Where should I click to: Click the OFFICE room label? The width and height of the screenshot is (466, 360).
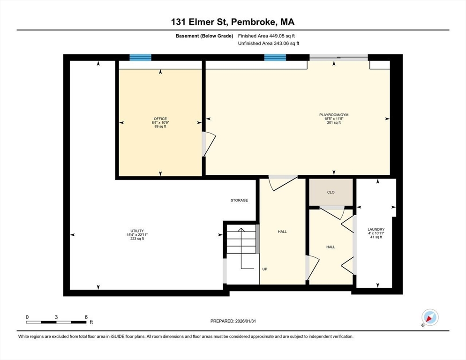pyautogui.click(x=160, y=119)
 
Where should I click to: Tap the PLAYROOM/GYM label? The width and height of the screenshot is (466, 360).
pyautogui.click(x=334, y=115)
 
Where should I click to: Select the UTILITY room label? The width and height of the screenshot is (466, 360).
pyautogui.click(x=137, y=231)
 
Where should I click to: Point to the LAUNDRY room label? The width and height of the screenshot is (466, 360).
pyautogui.click(x=376, y=229)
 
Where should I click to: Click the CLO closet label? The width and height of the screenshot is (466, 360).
pyautogui.click(x=331, y=192)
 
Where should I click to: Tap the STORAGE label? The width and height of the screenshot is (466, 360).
pyautogui.click(x=239, y=200)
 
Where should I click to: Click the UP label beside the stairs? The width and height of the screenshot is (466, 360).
pyautogui.click(x=265, y=269)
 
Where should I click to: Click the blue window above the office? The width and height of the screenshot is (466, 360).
pyautogui.click(x=140, y=57)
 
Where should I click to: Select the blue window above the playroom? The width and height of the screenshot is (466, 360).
pyautogui.click(x=275, y=57)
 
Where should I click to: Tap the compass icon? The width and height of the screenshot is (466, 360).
pyautogui.click(x=430, y=317)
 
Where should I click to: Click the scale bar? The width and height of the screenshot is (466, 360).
pyautogui.click(x=56, y=322)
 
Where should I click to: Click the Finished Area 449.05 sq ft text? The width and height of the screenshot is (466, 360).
pyautogui.click(x=266, y=36)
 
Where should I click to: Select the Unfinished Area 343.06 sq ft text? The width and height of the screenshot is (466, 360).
pyautogui.click(x=269, y=43)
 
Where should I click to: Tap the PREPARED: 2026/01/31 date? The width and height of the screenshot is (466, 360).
pyautogui.click(x=233, y=321)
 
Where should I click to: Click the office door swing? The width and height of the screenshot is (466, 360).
pyautogui.click(x=209, y=144)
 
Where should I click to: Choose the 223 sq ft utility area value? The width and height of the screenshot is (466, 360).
pyautogui.click(x=137, y=239)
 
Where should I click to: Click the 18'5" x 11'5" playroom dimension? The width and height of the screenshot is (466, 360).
pyautogui.click(x=334, y=119)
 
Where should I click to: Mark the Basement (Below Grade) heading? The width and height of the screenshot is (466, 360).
pyautogui.click(x=204, y=36)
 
